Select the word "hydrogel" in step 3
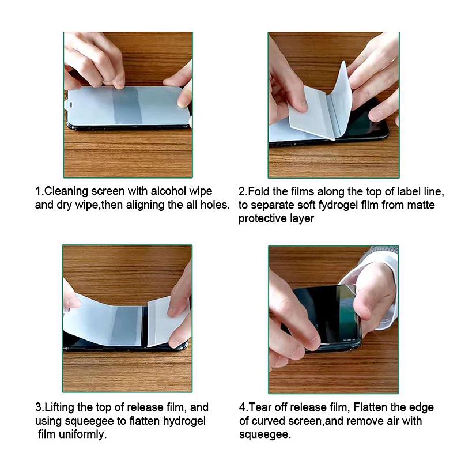tap(186, 421)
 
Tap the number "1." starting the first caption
tap(40, 191)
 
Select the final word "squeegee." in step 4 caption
tap(265, 434)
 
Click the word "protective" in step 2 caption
tap(262, 218)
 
